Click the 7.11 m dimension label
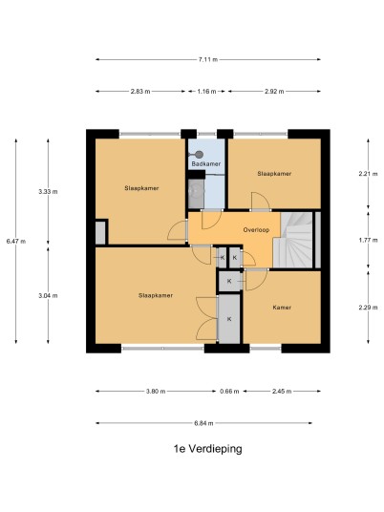(x=207, y=59)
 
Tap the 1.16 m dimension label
(x=206, y=92)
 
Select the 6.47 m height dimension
(x=16, y=242)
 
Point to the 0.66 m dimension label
(x=229, y=392)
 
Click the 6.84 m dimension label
(x=203, y=423)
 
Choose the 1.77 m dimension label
(x=368, y=240)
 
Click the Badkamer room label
(x=206, y=163)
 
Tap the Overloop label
(x=256, y=230)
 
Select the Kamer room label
(x=282, y=308)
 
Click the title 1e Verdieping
(x=207, y=449)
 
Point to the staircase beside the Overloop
(x=293, y=240)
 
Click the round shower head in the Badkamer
(x=200, y=155)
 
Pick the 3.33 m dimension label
(x=48, y=192)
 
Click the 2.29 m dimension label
(x=368, y=308)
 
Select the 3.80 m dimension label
(x=156, y=392)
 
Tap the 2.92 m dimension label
(x=274, y=92)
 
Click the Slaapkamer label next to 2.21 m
(x=274, y=174)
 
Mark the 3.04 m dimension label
(x=48, y=295)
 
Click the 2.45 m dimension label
(x=282, y=392)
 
